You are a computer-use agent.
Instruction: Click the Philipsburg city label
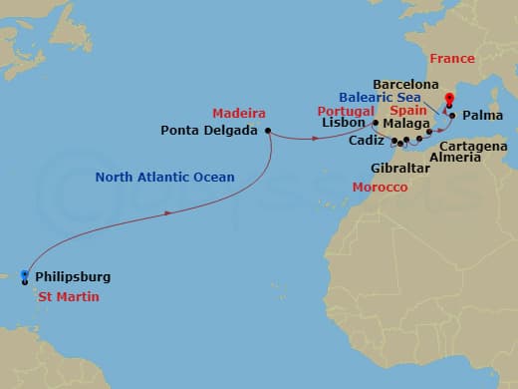pos(73,276)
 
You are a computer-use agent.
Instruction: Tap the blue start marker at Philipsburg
pos(24,275)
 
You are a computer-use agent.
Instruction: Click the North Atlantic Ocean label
pos(165,178)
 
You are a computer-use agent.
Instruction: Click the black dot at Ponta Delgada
pos(268,130)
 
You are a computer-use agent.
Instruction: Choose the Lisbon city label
pos(347,124)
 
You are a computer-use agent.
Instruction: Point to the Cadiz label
pos(369,143)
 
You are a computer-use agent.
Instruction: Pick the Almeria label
pos(454,158)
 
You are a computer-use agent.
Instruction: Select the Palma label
pos(483,116)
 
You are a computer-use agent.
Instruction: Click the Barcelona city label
pos(406,85)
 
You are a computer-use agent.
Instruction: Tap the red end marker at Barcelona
pos(449,98)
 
